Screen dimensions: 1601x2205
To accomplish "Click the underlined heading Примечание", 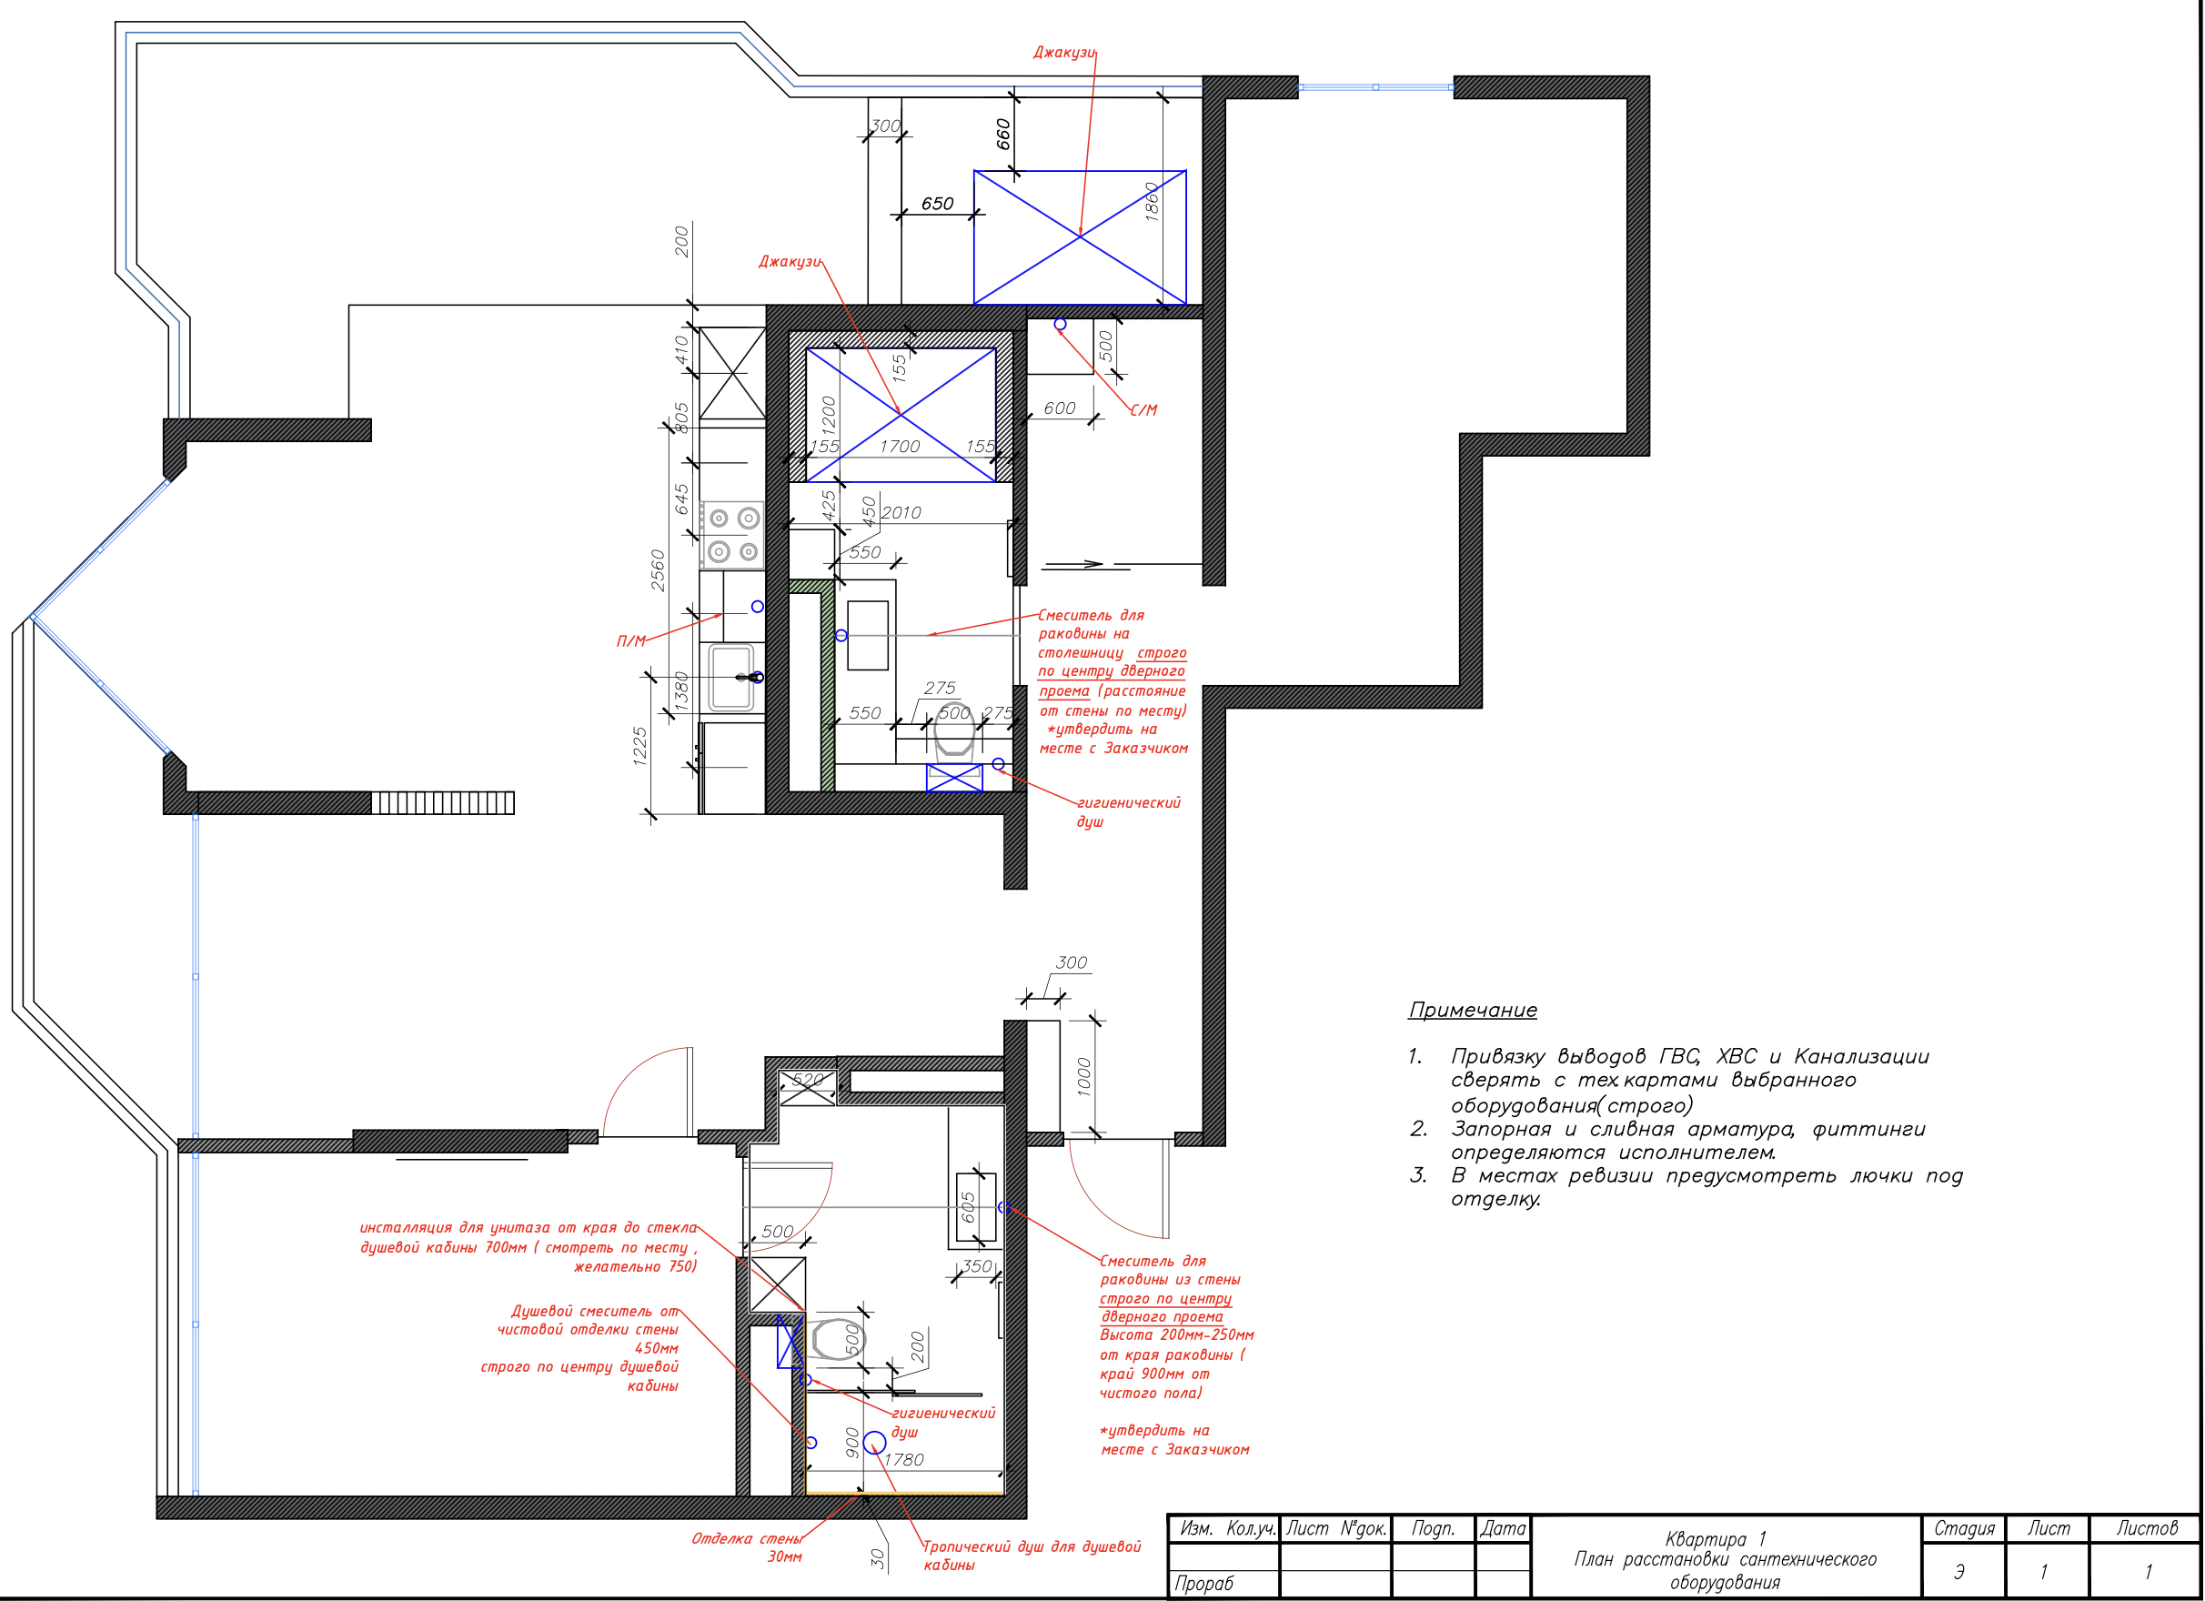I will [x=1472, y=1010].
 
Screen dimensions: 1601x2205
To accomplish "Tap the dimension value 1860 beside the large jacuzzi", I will [x=1153, y=201].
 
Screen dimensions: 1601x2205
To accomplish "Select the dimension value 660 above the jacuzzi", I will [x=1003, y=134].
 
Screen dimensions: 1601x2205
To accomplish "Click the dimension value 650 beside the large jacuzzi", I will [x=937, y=203].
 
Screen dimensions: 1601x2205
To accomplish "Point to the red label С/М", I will [x=1143, y=410].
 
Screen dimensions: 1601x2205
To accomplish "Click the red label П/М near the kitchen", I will [x=631, y=641].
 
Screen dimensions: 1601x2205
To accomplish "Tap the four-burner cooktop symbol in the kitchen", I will [x=733, y=535].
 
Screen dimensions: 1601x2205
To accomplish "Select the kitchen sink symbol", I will [x=731, y=678].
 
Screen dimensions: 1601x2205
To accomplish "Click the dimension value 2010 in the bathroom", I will [x=901, y=512].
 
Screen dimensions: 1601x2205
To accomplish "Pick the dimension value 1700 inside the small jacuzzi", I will [x=900, y=446].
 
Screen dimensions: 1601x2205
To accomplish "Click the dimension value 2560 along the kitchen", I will [x=659, y=570].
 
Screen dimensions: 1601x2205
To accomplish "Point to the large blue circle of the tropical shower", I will [x=874, y=1442].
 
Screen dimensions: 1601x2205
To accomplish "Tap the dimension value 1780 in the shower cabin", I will [x=903, y=1459].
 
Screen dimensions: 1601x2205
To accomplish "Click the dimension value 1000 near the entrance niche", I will [x=1085, y=1077].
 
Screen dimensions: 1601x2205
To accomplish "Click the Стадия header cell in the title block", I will [x=1963, y=1529].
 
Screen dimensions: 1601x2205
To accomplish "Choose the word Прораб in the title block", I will [x=1203, y=1584].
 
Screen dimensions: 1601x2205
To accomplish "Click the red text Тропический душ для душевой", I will [x=1031, y=1546].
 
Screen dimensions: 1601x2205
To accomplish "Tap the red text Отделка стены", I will [x=747, y=1539].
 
